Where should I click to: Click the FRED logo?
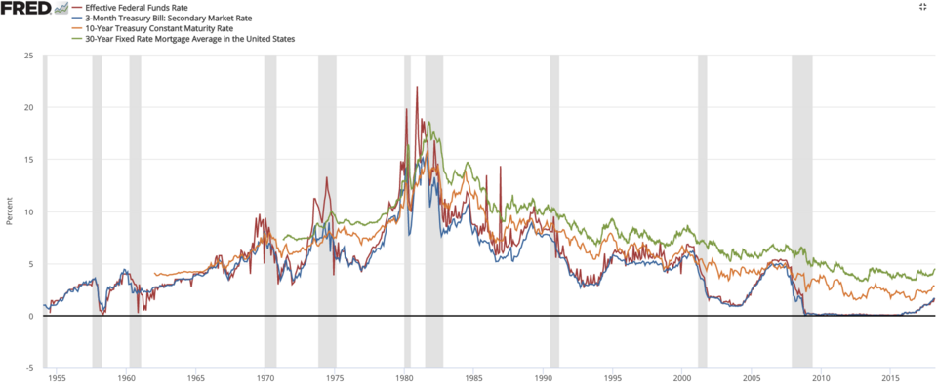[x=24, y=8]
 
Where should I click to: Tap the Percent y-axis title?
[x=9, y=211]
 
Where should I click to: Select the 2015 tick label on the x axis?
[x=891, y=376]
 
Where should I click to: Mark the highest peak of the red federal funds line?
[x=417, y=87]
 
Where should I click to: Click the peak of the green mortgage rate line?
[x=428, y=123]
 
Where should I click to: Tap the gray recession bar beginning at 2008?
[x=801, y=195]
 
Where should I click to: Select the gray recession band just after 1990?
[x=554, y=195]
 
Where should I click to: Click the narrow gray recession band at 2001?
[x=702, y=195]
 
